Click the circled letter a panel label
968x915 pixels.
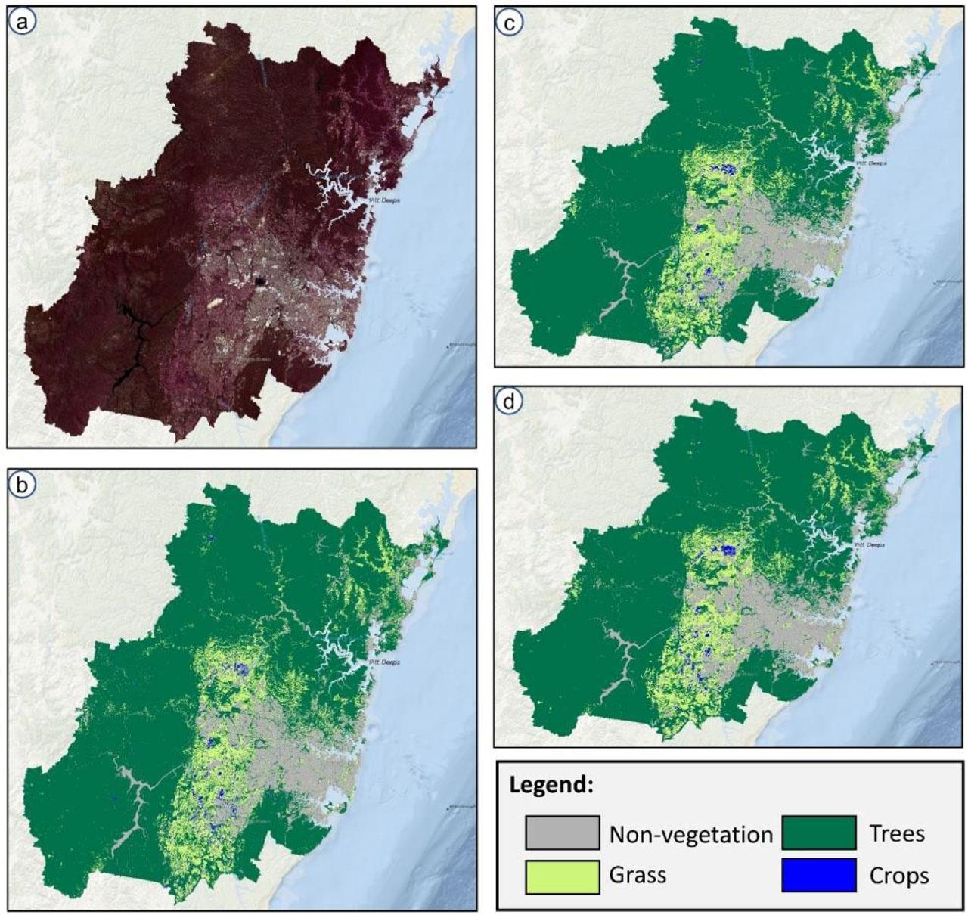pyautogui.click(x=23, y=23)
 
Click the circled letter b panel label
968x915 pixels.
pyautogui.click(x=23, y=485)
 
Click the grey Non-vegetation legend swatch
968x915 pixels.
pyautogui.click(x=563, y=833)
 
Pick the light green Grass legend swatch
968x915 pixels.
pyautogui.click(x=563, y=876)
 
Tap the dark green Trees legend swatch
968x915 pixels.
pyautogui.click(x=819, y=833)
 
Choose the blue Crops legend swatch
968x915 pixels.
pyautogui.click(x=819, y=876)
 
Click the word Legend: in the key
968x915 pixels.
pyautogui.click(x=551, y=785)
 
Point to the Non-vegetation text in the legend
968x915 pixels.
pyautogui.click(x=690, y=834)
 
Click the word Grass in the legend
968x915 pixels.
pyautogui.click(x=638, y=876)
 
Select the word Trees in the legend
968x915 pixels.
pyautogui.click(x=897, y=833)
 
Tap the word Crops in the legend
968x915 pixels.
pyautogui.click(x=899, y=876)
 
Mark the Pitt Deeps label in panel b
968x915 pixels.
pyautogui.click(x=383, y=662)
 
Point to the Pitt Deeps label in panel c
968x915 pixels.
pyautogui.click(x=870, y=163)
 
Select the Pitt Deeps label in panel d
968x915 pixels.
pyautogui.click(x=870, y=543)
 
